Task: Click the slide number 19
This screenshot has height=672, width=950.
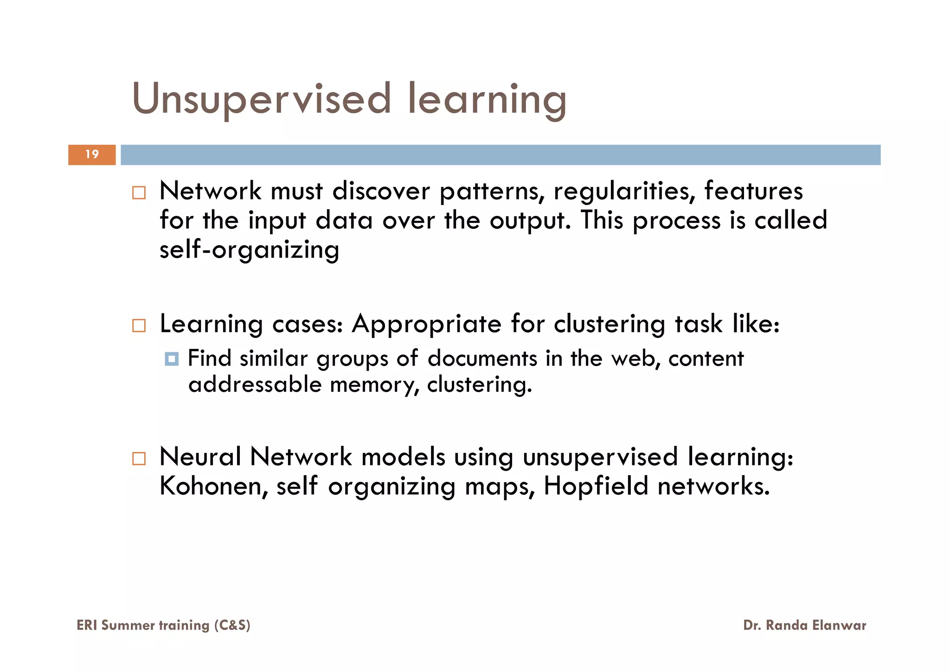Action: tap(92, 155)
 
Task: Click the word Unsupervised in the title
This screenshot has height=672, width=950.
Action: tap(262, 99)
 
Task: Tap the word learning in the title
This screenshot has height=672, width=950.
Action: tap(487, 99)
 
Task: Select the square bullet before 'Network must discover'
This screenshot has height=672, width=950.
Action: tap(139, 193)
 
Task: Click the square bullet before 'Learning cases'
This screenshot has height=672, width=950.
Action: tap(139, 325)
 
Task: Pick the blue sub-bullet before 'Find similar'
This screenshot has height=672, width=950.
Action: tap(172, 359)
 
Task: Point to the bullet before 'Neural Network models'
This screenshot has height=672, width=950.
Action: tap(139, 459)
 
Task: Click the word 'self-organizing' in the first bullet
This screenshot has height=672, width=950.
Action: tap(250, 250)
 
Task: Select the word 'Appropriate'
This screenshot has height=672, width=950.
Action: tap(426, 323)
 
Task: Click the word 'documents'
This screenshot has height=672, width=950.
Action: tap(481, 358)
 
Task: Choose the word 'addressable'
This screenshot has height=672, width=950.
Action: tap(255, 384)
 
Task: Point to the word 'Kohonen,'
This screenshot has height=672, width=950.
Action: tap(214, 486)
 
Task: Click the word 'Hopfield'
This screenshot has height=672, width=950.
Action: tap(596, 486)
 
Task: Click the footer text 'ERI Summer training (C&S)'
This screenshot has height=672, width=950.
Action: tap(163, 625)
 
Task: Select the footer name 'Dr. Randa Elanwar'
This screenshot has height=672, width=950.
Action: tap(804, 625)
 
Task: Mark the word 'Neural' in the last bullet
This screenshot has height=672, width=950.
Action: tap(200, 457)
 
